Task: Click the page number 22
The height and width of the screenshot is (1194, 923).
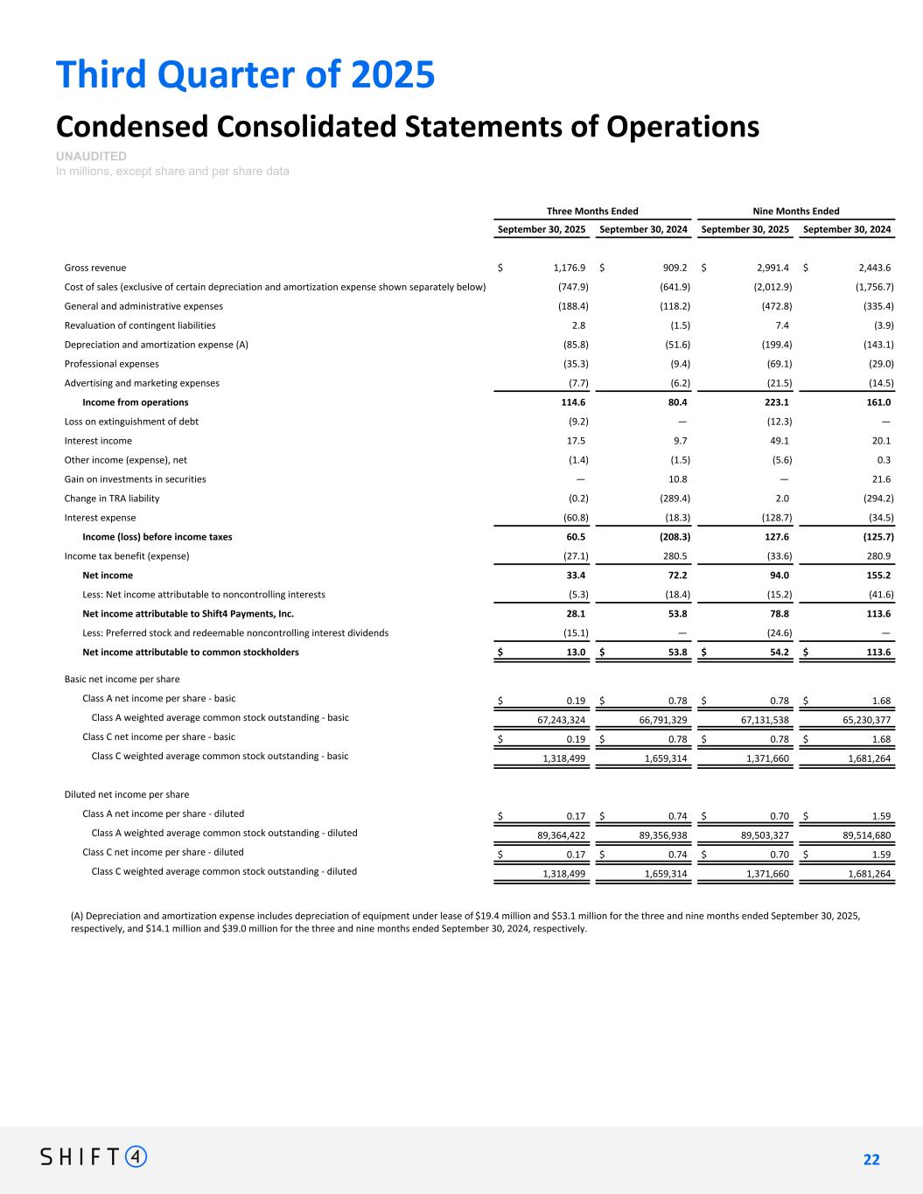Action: pyautogui.click(x=871, y=1160)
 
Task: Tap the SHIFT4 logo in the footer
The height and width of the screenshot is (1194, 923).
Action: pyautogui.click(x=94, y=1156)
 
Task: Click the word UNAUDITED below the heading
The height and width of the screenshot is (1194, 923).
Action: pyautogui.click(x=91, y=156)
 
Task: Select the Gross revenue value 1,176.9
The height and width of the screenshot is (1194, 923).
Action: pyautogui.click(x=569, y=268)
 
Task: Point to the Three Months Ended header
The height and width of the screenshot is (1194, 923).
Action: pyautogui.click(x=592, y=211)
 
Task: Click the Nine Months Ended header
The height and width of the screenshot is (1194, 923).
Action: pyautogui.click(x=795, y=211)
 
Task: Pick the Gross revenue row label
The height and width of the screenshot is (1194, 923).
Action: pyautogui.click(x=95, y=268)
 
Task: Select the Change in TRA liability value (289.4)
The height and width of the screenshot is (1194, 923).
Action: pyautogui.click(x=675, y=499)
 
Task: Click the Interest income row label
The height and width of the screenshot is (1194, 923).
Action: pyautogui.click(x=98, y=441)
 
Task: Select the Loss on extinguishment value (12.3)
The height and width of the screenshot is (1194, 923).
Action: pyautogui.click(x=777, y=422)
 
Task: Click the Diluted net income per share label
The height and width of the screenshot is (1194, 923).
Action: pyautogui.click(x=127, y=795)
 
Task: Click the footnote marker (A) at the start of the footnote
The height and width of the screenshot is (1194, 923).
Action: pyautogui.click(x=77, y=916)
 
